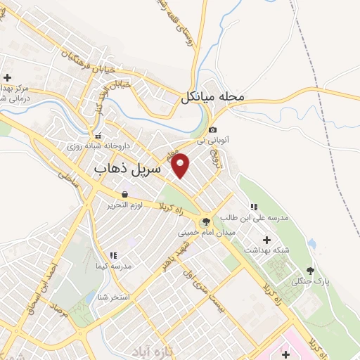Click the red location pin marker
[181, 165]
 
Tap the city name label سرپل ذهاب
[127, 169]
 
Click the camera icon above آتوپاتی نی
[213, 129]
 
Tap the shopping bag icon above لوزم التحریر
[124, 195]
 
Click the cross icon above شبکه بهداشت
[255, 239]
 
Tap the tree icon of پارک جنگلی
[309, 270]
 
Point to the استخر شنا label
[114, 297]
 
